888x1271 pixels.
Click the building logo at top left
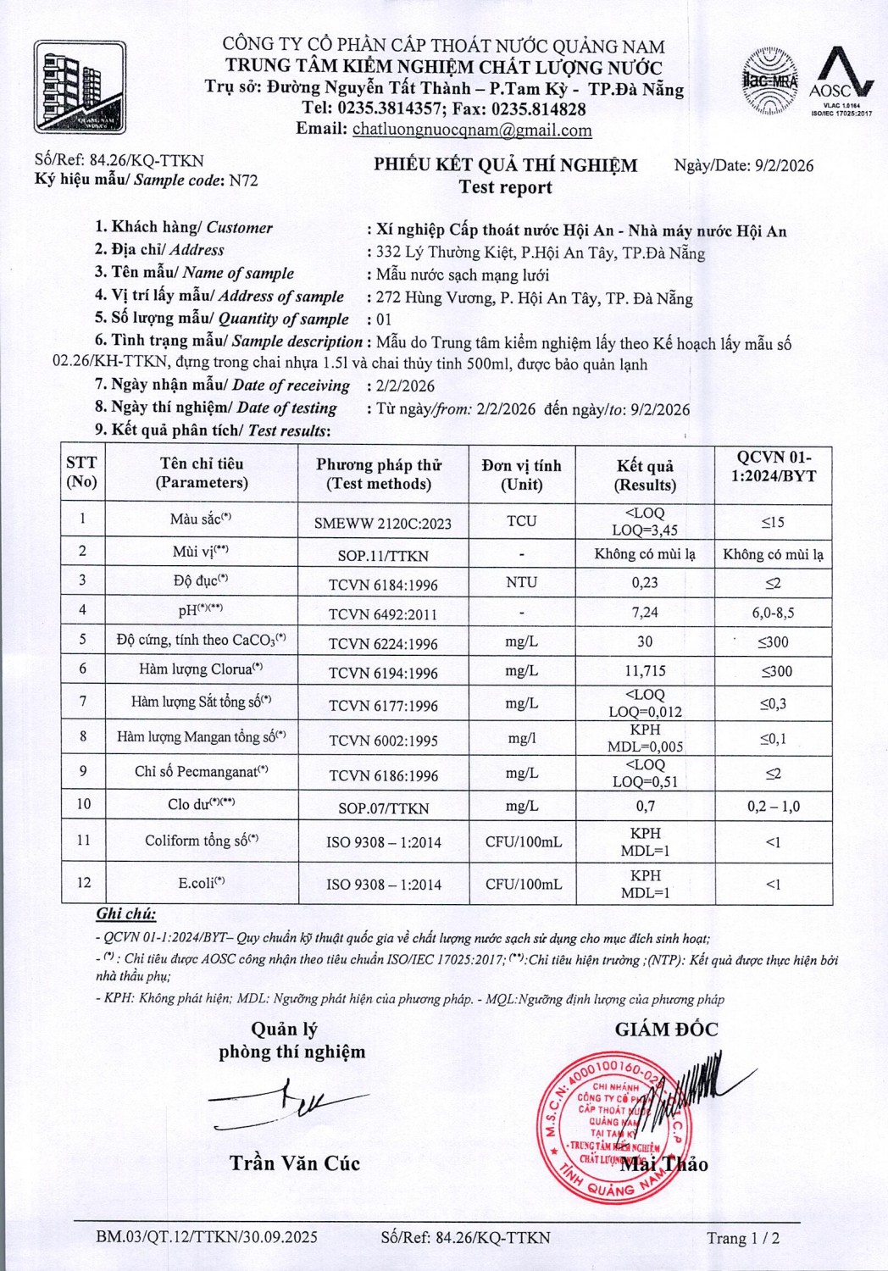click(80, 87)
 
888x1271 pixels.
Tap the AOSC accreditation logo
click(841, 82)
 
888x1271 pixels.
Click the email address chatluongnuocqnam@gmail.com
click(472, 130)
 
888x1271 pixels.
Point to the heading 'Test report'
click(505, 187)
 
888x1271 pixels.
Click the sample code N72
click(244, 180)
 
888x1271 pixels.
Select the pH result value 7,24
click(645, 612)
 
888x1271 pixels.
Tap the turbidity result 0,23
click(645, 582)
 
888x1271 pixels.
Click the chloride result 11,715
click(645, 671)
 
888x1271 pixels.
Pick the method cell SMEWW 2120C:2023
click(383, 523)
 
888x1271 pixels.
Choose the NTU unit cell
click(521, 582)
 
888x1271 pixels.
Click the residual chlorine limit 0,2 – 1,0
click(773, 806)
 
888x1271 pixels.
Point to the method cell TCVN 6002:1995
click(383, 741)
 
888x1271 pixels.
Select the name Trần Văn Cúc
click(295, 1163)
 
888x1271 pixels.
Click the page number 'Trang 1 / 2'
click(743, 1238)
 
